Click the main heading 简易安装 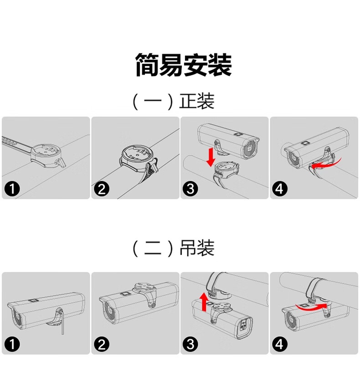tap(184, 65)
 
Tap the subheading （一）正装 tap(174, 101)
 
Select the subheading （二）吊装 tap(174, 248)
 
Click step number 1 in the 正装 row tap(12, 189)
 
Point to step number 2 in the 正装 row tap(102, 189)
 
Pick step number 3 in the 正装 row tap(190, 189)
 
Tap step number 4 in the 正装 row tap(280, 189)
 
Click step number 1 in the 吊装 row tap(12, 344)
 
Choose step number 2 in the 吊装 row tap(102, 344)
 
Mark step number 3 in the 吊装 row tap(190, 344)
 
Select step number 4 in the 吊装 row tap(280, 344)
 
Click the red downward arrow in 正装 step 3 tap(211, 157)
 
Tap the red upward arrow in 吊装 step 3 tap(204, 302)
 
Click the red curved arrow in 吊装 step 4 tap(312, 307)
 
